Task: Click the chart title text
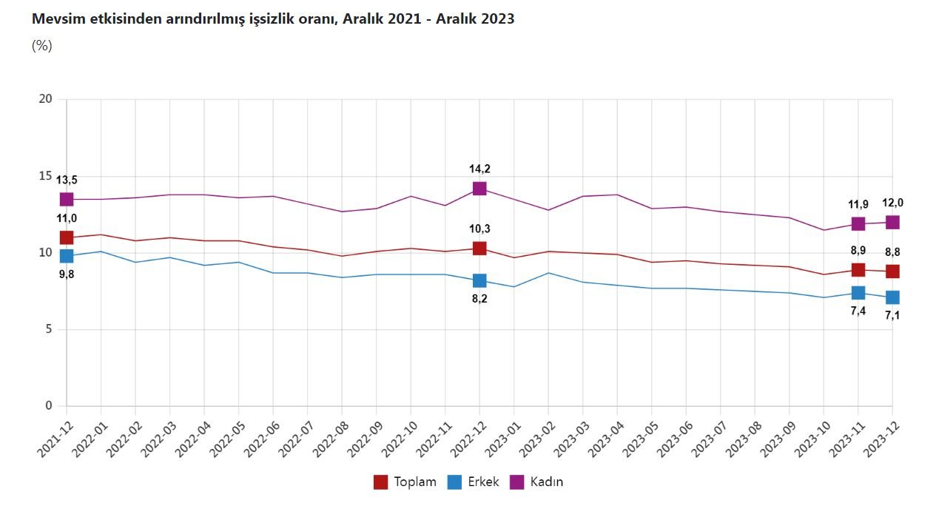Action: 273,19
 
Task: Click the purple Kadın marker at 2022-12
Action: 479,189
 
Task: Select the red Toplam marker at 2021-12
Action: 67,237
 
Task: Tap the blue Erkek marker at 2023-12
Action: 892,297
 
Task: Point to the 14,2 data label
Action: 479,169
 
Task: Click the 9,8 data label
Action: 67,274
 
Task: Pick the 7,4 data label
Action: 858,311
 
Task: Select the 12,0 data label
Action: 892,203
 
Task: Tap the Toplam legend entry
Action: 405,482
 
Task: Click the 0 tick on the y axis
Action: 49,405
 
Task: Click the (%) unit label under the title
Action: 42,46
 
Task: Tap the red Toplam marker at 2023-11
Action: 858,270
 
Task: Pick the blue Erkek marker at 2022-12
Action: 479,280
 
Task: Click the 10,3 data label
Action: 479,229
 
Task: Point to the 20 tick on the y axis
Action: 46,99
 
